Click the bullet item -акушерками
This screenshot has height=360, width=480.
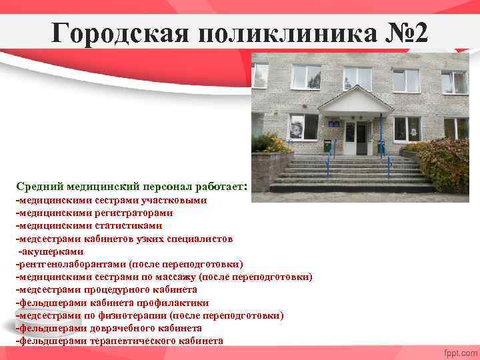coord(51,251)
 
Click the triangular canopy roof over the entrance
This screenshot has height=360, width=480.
coord(356,101)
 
